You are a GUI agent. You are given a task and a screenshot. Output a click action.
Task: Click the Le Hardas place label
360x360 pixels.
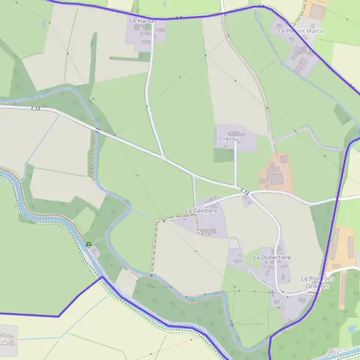pyautogui.click(x=143, y=20)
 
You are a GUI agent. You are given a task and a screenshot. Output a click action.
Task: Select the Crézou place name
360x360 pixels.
pyautogui.click(x=229, y=139)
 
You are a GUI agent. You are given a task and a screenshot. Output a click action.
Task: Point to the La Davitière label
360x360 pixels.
pyautogui.click(x=201, y=211)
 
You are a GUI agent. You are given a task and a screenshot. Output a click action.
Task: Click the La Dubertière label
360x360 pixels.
pyautogui.click(x=272, y=257)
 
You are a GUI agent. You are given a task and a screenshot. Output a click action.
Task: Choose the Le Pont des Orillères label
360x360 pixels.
pyautogui.click(x=317, y=282)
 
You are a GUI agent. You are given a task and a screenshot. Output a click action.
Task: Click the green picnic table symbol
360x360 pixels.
pyautogui.click(x=89, y=244)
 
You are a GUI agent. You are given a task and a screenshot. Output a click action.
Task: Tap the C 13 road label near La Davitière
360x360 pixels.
pyautogui.click(x=244, y=191)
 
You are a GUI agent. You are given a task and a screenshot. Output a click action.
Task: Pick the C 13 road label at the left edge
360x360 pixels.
pyautogui.click(x=35, y=109)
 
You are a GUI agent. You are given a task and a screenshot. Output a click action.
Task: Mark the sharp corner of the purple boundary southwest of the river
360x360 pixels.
pyautogui.click(x=59, y=316)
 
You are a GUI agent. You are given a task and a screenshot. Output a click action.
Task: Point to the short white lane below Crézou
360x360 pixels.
pyautogui.click(x=235, y=165)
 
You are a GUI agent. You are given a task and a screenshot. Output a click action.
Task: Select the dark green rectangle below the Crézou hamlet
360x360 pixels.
pyautogui.click(x=223, y=155)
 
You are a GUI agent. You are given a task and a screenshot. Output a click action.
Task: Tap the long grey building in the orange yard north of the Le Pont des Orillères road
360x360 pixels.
pyautogui.click(x=350, y=245)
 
